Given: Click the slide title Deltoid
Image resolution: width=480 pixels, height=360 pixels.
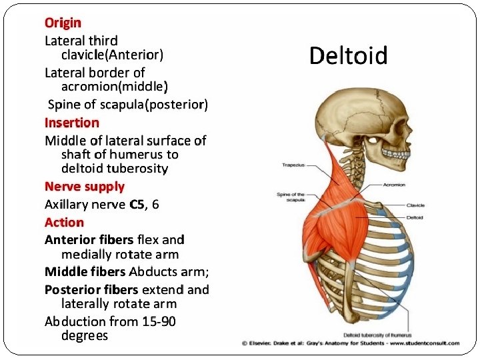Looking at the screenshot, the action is pos(348,56).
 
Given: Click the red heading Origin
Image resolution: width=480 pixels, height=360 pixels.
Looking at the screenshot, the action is pos(63,23).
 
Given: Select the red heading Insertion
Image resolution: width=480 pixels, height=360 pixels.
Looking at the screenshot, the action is pos(72,123).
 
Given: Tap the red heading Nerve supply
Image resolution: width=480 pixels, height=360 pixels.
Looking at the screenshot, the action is pos(85,187).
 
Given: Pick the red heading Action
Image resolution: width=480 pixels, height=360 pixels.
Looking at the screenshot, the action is pos(65,222).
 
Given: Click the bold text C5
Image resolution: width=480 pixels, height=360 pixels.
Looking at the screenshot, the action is pos(137,205).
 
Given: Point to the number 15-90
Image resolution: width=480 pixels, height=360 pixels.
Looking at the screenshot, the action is pos(159,321).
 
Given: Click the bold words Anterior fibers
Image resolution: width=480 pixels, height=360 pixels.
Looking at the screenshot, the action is pos(89,239).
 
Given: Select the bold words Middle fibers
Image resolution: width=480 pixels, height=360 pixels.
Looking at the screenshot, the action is pos(85,272).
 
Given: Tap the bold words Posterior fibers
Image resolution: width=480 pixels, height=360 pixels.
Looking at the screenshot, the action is pos(91,290).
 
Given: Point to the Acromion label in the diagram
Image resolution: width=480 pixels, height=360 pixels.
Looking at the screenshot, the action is pos(394,185).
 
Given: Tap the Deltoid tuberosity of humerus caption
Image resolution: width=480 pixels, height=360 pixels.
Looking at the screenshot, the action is pos(377,335).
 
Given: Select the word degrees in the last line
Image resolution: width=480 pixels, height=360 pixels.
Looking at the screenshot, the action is pos(84,335).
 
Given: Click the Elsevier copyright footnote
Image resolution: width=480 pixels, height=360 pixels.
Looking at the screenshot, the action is pos(350,343).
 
